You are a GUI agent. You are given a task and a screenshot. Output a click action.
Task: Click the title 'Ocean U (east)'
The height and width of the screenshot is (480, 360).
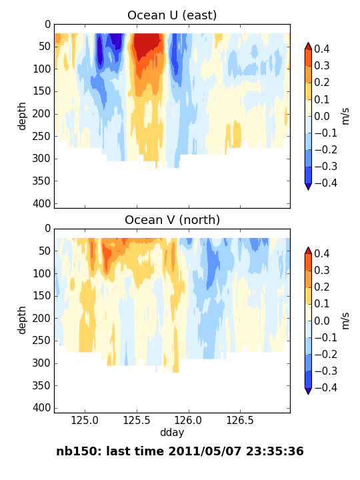click(172, 15)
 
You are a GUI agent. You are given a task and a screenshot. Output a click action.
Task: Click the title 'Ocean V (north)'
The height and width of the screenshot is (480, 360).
click(172, 220)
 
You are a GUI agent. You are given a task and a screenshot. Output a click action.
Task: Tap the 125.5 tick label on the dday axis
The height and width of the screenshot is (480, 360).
click(137, 420)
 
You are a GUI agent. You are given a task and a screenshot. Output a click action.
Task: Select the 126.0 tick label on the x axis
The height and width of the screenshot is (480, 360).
click(188, 420)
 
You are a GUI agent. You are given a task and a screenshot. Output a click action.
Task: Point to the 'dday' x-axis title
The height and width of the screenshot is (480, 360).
click(172, 432)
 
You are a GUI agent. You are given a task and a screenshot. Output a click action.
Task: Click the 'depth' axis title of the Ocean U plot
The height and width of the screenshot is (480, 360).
click(22, 116)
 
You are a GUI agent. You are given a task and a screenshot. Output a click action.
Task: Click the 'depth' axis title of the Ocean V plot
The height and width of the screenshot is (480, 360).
click(22, 320)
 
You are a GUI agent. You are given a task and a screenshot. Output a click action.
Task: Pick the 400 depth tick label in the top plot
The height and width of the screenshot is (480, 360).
click(41, 203)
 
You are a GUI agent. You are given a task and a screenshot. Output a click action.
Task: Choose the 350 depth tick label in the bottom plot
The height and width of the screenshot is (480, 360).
click(41, 385)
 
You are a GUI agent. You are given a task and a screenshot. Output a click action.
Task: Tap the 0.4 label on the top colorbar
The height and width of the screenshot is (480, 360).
click(322, 49)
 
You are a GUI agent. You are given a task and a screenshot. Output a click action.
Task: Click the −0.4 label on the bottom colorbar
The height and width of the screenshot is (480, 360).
click(326, 387)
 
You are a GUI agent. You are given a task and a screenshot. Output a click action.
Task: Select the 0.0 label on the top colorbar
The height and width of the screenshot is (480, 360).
click(322, 116)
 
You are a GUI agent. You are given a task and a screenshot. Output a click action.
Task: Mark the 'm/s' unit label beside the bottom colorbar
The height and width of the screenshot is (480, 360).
click(345, 321)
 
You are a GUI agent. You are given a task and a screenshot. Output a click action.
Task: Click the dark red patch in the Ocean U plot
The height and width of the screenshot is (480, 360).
click(146, 45)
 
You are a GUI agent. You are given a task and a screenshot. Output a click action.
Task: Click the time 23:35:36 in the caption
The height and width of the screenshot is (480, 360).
click(275, 451)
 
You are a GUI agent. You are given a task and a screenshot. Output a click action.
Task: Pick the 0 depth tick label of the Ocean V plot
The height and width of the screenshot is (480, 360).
click(47, 228)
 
